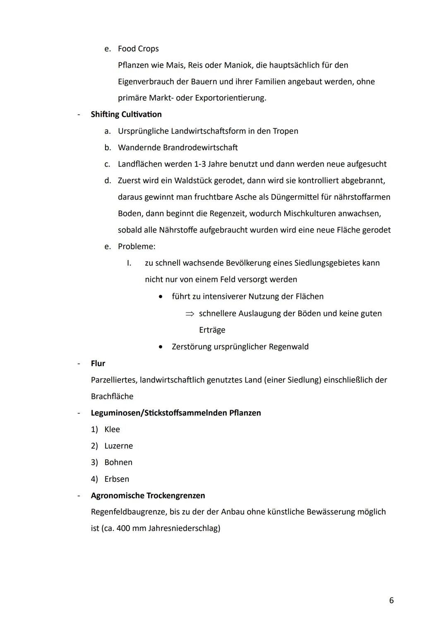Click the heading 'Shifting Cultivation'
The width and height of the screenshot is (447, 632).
pos(126,114)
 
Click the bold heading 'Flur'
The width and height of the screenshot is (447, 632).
pos(98,363)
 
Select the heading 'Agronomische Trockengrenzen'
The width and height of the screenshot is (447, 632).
pos(148,495)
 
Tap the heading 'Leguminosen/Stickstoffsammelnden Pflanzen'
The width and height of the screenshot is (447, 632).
pos(176,413)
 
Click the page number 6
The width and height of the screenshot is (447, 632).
pos(391,600)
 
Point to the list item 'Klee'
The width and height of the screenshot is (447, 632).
pos(112,429)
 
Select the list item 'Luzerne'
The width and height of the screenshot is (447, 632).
pos(119,446)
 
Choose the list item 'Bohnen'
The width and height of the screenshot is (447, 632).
pos(118,462)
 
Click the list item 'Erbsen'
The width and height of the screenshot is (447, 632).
pos(117,479)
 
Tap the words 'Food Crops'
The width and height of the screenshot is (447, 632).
pos(138,49)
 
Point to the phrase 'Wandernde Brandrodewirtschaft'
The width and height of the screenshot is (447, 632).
pos(178,147)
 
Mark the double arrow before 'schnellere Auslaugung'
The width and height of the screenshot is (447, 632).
pos(190,314)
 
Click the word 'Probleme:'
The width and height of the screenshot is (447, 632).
pos(137,247)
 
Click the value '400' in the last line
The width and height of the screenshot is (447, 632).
pos(123,529)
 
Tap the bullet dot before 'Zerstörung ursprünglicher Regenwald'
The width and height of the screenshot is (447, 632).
pos(161,347)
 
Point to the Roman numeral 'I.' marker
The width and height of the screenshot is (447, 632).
pos(129,263)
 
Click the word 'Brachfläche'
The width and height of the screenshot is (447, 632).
pos(112,397)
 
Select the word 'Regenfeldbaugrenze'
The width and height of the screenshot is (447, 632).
pos(129,512)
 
